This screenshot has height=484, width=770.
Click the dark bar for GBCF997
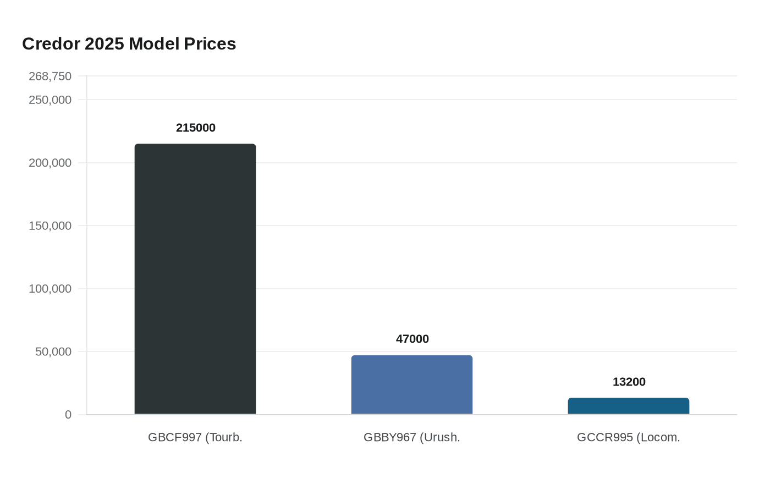point(195,279)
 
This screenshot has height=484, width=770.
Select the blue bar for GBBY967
point(412,384)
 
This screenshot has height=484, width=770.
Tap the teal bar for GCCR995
point(629,406)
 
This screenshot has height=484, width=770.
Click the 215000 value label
point(196,128)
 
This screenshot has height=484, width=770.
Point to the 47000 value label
point(413,339)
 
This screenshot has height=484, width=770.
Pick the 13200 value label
point(629,382)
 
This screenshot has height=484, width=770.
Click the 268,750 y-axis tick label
point(50,76)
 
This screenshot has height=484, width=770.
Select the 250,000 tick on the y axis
point(50,100)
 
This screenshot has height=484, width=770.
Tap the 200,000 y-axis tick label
point(50,163)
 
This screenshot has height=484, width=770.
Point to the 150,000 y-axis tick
point(50,226)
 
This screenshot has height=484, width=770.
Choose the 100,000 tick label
point(50,289)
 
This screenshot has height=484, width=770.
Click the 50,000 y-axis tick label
point(53,352)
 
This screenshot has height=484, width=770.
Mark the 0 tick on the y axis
point(68,415)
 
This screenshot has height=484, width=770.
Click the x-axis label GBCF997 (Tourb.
point(195,438)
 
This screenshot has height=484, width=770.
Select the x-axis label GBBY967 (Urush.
point(412,438)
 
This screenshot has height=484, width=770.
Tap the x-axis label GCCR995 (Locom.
point(629,438)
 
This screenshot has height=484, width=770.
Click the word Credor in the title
point(51,44)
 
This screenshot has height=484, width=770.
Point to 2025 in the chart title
point(105,44)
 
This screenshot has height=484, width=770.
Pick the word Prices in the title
point(210,44)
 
